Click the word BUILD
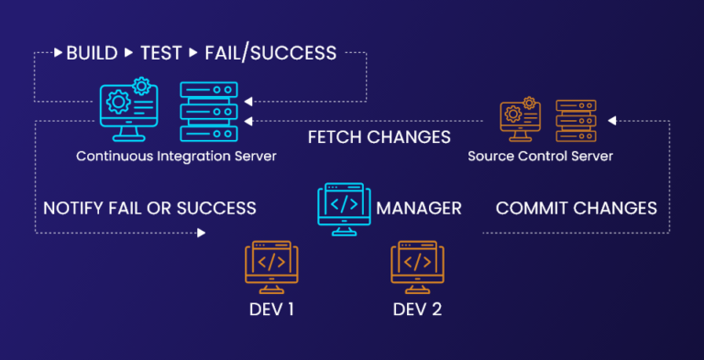(x=92, y=53)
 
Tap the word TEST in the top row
(x=160, y=53)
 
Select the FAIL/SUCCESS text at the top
(x=270, y=53)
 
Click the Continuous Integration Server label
(x=176, y=156)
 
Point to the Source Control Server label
(x=540, y=156)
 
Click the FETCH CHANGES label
(x=379, y=137)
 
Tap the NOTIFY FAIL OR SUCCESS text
(x=149, y=208)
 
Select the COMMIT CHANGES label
(x=576, y=208)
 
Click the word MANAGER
(x=418, y=208)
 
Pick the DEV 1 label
(x=271, y=309)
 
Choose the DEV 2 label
(x=417, y=309)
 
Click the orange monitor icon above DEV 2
(x=417, y=264)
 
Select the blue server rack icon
(x=207, y=112)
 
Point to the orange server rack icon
(x=576, y=120)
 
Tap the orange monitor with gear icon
(x=521, y=120)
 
